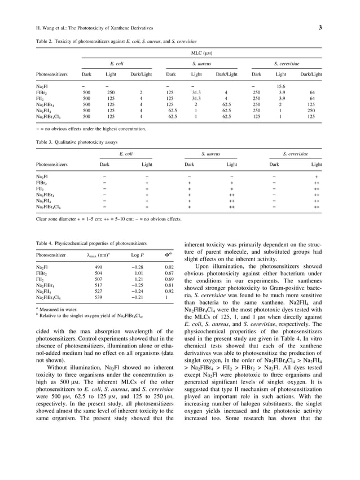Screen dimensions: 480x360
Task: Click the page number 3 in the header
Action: (320, 28)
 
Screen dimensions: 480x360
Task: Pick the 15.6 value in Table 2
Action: (281, 86)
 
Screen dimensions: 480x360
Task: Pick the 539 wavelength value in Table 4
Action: (98, 297)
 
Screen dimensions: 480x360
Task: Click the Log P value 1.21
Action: (138, 279)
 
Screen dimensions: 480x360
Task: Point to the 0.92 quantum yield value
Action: (168, 290)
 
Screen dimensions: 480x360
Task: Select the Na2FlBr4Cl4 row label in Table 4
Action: (51, 297)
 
